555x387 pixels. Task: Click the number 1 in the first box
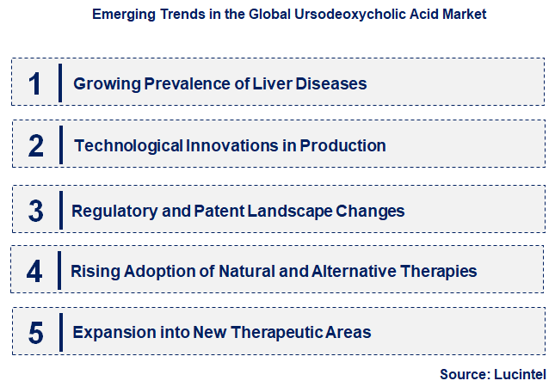click(34, 83)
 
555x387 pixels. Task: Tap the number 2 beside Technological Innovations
click(35, 145)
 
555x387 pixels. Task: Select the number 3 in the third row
click(35, 210)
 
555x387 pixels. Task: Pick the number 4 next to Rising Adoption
click(34, 272)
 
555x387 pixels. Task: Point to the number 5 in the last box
click(35, 333)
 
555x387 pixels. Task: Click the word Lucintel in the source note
click(520, 374)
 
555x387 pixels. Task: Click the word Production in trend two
click(342, 145)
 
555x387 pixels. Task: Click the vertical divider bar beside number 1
click(60, 83)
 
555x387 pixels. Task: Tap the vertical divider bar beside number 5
click(60, 332)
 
